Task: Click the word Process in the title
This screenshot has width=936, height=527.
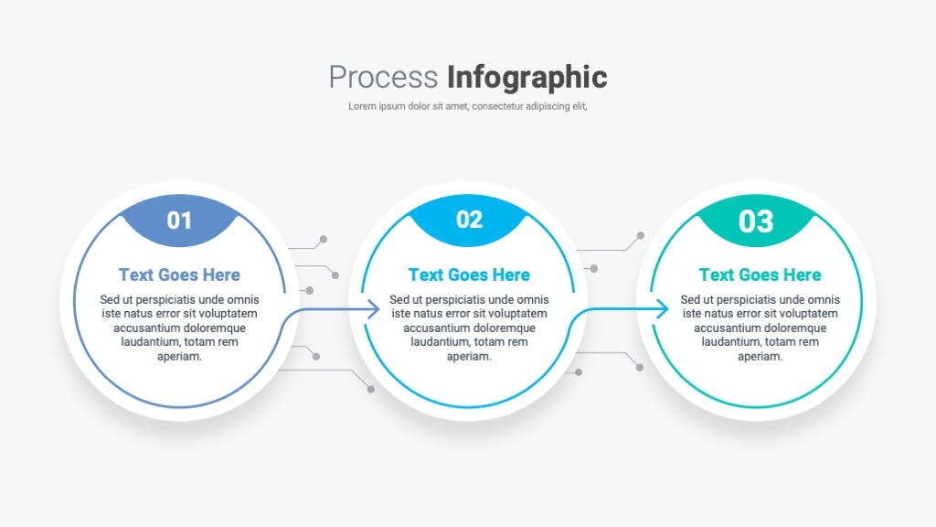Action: tap(383, 78)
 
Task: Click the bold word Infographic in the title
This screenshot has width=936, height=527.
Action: tap(527, 79)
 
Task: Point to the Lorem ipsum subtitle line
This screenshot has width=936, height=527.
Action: tap(468, 106)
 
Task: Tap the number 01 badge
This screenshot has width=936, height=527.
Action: tap(179, 220)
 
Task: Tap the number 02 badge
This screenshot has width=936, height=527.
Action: tap(469, 220)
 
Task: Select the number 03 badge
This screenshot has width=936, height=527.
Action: tap(756, 221)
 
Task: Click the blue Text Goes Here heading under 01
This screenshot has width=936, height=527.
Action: tap(179, 274)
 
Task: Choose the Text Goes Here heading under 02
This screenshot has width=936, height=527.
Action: tap(469, 274)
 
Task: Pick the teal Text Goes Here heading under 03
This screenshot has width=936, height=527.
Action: tap(760, 274)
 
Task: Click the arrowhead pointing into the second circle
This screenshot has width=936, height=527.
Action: tap(374, 309)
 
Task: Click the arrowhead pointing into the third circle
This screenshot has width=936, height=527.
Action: tap(663, 309)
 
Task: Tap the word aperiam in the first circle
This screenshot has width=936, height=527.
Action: tap(179, 357)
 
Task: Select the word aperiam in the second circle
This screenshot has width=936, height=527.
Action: tap(469, 357)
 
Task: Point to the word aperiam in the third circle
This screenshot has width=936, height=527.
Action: tap(760, 357)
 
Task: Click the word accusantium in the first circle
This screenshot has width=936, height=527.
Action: tap(145, 328)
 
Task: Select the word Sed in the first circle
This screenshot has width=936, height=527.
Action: tap(110, 299)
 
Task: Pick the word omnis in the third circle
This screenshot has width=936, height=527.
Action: tap(824, 299)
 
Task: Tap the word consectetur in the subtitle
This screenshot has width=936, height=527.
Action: tap(497, 106)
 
